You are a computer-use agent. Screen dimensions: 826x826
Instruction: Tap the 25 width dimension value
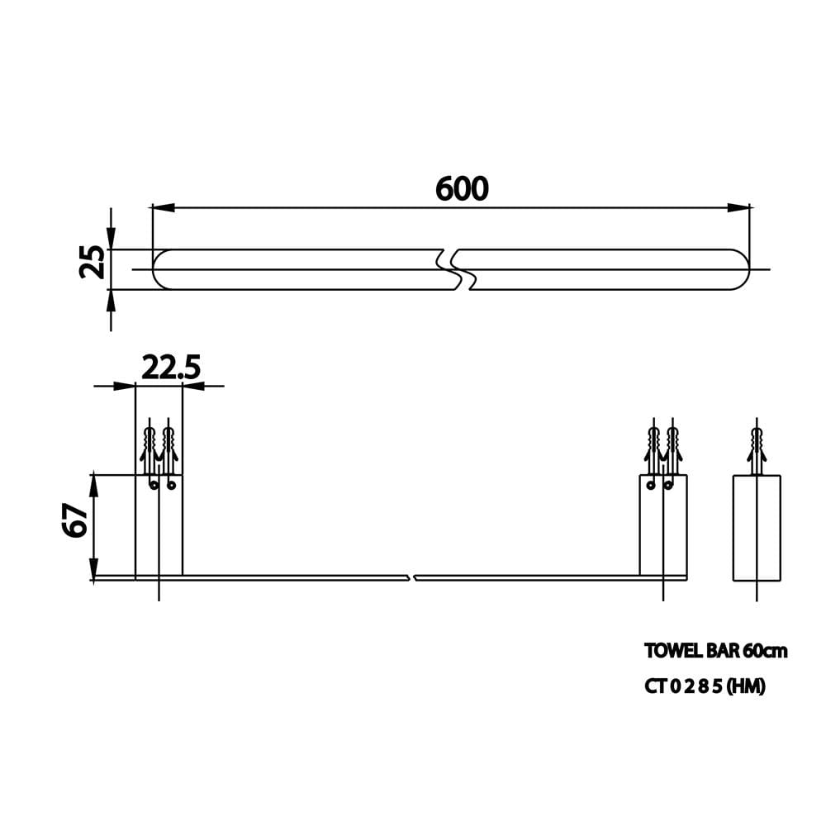tap(92, 261)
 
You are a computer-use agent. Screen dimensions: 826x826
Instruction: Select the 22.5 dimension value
tap(171, 368)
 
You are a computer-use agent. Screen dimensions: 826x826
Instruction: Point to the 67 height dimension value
tap(75, 520)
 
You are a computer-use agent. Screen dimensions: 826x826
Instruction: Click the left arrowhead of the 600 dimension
tap(163, 207)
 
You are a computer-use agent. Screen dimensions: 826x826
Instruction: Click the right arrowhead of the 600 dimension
tap(738, 207)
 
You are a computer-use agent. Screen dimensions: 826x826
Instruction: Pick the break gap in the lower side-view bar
tap(412, 578)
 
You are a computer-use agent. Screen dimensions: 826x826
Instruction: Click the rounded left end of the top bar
tap(157, 269)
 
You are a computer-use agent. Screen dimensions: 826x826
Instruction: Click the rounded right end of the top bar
tap(744, 269)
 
